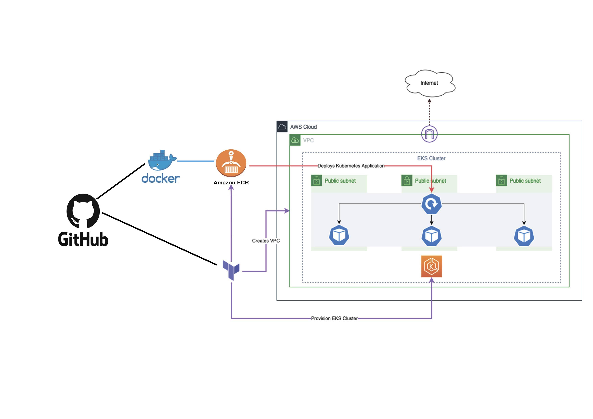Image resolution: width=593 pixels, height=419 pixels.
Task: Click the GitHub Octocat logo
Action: [83, 211]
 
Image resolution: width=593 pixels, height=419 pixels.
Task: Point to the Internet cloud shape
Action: [430, 83]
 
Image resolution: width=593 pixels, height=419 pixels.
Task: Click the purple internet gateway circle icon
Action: [429, 134]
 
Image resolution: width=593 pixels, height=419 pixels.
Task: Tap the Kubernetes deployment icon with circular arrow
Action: [431, 204]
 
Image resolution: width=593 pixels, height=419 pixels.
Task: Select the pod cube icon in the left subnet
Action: [339, 235]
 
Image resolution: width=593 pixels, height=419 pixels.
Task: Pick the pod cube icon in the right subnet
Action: [524, 236]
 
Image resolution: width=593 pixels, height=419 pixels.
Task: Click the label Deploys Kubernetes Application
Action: [351, 166]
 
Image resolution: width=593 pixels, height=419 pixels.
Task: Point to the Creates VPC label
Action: [266, 241]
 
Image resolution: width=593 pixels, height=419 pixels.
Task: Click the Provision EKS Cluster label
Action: [334, 318]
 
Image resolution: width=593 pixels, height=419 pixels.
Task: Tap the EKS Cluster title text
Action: [431, 158]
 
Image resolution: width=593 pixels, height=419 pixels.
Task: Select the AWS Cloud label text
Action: [303, 127]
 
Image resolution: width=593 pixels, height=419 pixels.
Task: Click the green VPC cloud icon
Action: [295, 140]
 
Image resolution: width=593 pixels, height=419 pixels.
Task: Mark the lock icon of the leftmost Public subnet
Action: [316, 181]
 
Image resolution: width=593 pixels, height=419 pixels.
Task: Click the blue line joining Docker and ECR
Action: [196, 161]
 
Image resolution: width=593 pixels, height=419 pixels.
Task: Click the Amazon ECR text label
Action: [231, 183]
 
